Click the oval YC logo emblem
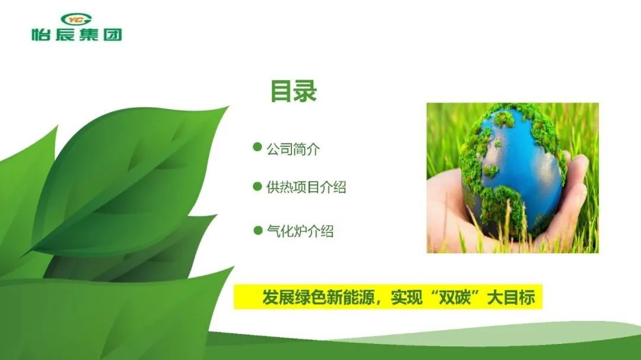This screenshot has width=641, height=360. (76, 19)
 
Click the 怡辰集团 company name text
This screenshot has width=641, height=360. (77, 34)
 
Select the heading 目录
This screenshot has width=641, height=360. (294, 91)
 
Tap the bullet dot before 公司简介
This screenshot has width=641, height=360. (257, 146)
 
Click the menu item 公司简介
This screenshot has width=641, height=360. (293, 149)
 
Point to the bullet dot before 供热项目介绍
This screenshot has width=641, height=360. (257, 186)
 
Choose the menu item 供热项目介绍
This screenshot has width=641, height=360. (306, 187)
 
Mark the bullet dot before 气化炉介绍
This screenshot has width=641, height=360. (258, 231)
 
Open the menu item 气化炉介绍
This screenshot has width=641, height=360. (300, 231)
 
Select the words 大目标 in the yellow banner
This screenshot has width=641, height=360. (511, 298)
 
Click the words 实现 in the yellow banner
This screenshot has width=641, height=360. (407, 298)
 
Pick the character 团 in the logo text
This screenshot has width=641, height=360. (113, 34)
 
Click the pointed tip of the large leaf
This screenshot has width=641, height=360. (228, 107)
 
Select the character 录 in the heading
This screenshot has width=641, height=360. (306, 91)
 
